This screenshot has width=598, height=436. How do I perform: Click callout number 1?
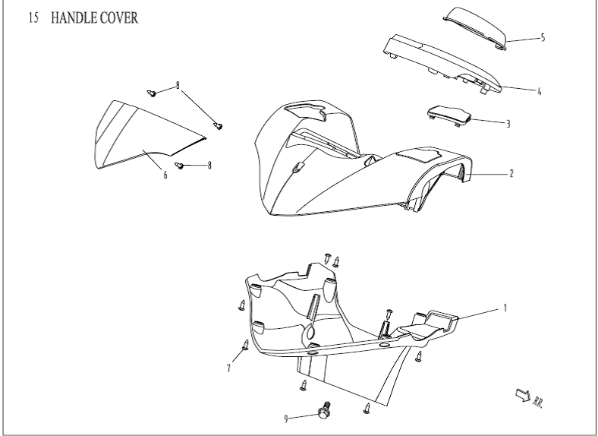click(505, 308)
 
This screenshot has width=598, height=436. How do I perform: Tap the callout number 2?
click(511, 174)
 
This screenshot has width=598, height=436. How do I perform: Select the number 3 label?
click(508, 123)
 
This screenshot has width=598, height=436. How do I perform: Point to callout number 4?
click(539, 91)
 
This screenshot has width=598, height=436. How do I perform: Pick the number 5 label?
click(543, 37)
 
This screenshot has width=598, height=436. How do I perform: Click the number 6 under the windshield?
click(165, 175)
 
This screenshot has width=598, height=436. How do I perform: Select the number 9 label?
click(286, 419)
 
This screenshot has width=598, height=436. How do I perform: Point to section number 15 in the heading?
click(34, 18)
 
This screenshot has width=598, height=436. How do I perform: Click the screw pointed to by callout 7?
click(246, 346)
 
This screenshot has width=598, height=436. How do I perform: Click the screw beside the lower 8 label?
click(181, 164)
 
